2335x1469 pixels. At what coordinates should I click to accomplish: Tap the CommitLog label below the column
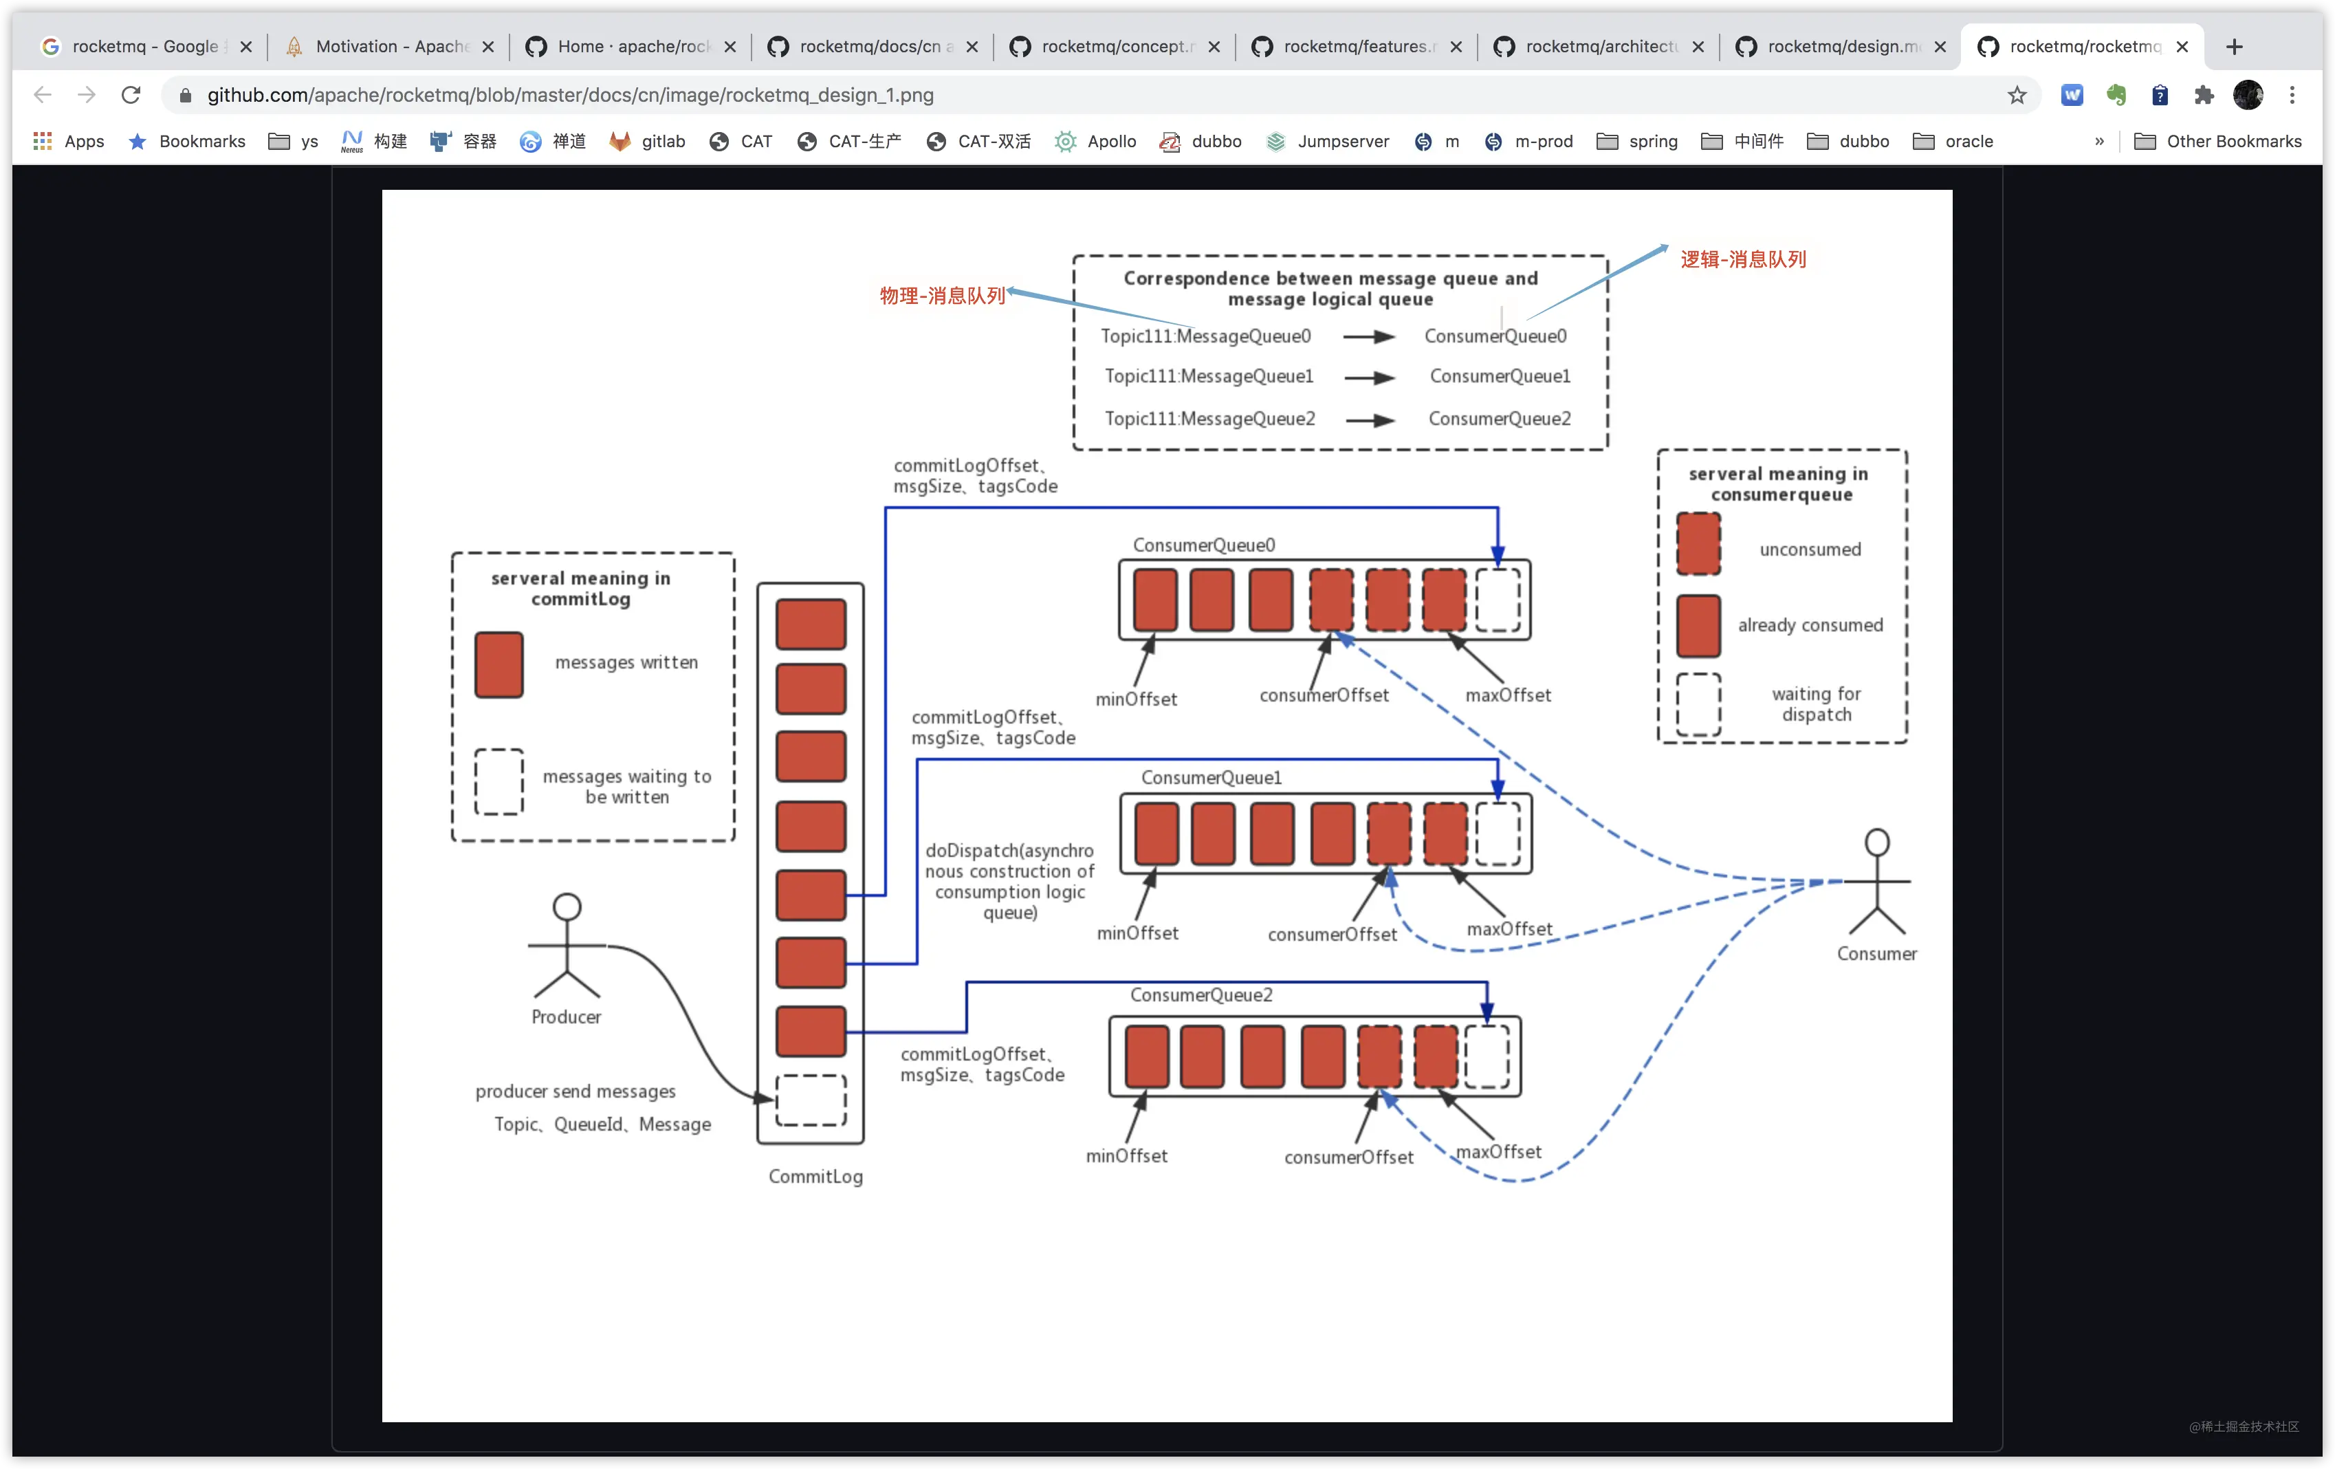click(x=815, y=1176)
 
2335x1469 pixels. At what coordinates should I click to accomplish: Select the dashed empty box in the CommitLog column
click(x=811, y=1100)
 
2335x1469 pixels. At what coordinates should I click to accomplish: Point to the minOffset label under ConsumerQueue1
click(x=1137, y=933)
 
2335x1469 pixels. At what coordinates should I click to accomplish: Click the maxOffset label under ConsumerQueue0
click(x=1508, y=695)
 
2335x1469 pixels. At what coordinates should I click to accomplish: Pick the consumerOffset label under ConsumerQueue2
click(x=1349, y=1157)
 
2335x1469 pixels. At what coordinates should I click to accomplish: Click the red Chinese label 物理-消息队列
click(x=941, y=296)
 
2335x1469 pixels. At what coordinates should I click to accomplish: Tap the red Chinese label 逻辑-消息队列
click(x=1742, y=259)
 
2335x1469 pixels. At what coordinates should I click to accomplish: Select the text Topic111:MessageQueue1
click(x=1208, y=376)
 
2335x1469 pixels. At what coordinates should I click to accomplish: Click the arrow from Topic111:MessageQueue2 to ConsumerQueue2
click(x=1370, y=420)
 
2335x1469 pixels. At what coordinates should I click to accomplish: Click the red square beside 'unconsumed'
click(x=1699, y=544)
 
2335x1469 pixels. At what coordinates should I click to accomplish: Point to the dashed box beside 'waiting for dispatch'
click(x=1699, y=705)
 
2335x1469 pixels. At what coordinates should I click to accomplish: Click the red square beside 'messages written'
click(x=499, y=665)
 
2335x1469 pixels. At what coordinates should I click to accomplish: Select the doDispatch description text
click(x=1009, y=882)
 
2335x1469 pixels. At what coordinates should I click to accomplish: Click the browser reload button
click(x=131, y=95)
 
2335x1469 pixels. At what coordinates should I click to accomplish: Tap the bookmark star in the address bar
click(x=2017, y=95)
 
